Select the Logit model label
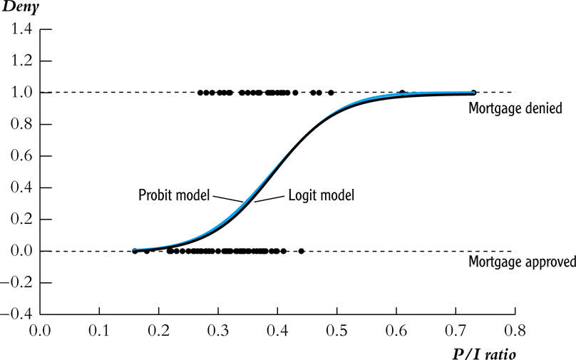pyautogui.click(x=321, y=194)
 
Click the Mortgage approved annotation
pyautogui.click(x=522, y=262)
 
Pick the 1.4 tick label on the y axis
pyautogui.click(x=21, y=29)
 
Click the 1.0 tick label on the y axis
pyautogui.click(x=21, y=93)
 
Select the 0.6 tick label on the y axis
pyautogui.click(x=21, y=156)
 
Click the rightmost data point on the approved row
pyautogui.click(x=301, y=251)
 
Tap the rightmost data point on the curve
pyautogui.click(x=473, y=93)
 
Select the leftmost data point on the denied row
pyautogui.click(x=200, y=93)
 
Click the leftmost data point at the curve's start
pyautogui.click(x=135, y=251)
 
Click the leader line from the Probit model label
pyautogui.click(x=228, y=199)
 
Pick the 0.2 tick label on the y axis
pyautogui.click(x=21, y=220)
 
